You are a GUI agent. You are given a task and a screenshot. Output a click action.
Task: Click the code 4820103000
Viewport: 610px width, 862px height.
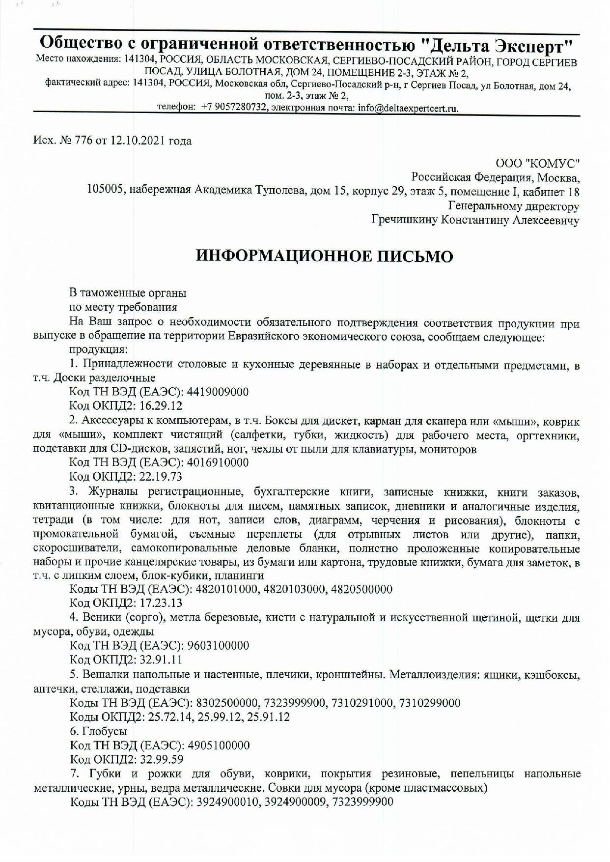click(296, 589)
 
